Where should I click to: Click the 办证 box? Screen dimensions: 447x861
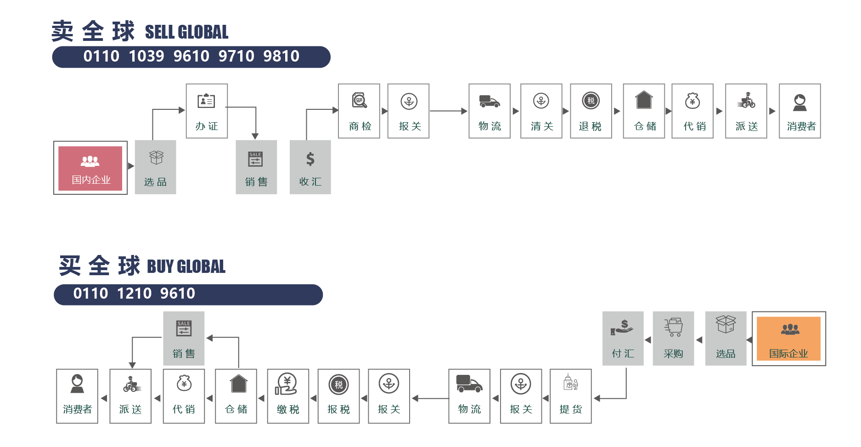pyautogui.click(x=207, y=111)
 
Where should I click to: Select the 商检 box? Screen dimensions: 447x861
pyautogui.click(x=359, y=111)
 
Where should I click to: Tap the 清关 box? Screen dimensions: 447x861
pyautogui.click(x=541, y=111)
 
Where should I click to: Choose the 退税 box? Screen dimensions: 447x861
pyautogui.click(x=591, y=111)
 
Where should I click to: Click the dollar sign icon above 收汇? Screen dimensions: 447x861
pyautogui.click(x=310, y=159)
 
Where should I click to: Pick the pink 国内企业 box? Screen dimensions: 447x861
pyautogui.click(x=90, y=168)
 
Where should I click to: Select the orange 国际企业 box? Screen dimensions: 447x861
pyautogui.click(x=788, y=339)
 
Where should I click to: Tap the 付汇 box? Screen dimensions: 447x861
pyautogui.click(x=623, y=339)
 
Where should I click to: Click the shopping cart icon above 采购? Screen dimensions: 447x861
pyautogui.click(x=673, y=328)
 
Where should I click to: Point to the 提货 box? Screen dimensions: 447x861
pyautogui.click(x=570, y=396)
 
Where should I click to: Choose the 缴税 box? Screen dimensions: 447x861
pyautogui.click(x=288, y=396)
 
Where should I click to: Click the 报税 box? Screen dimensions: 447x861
pyautogui.click(x=338, y=396)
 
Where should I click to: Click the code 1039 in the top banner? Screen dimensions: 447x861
pyautogui.click(x=146, y=57)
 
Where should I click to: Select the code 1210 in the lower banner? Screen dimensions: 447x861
pyautogui.click(x=134, y=294)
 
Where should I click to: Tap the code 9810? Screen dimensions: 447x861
pyautogui.click(x=281, y=57)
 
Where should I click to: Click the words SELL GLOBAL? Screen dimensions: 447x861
pyautogui.click(x=186, y=32)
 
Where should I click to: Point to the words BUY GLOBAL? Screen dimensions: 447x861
pyautogui.click(x=186, y=267)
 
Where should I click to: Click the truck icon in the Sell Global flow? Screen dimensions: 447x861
pyautogui.click(x=489, y=102)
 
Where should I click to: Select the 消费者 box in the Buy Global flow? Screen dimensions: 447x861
pyautogui.click(x=77, y=396)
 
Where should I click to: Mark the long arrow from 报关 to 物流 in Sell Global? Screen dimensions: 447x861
pyautogui.click(x=448, y=111)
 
